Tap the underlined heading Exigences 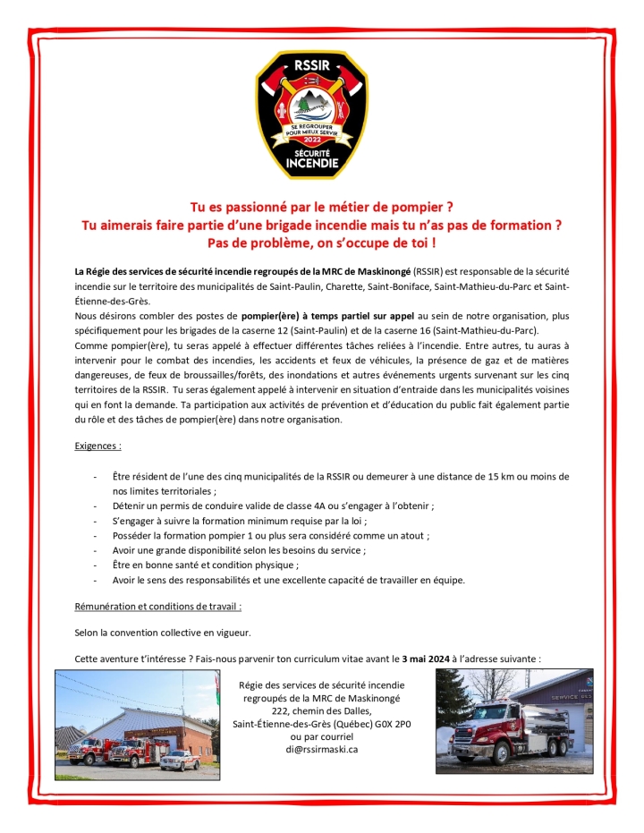[x=98, y=444]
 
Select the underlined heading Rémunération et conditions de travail [x=158, y=607]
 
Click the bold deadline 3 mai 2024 [x=426, y=659]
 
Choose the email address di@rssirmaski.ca [x=322, y=750]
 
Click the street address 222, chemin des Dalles [x=322, y=711]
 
